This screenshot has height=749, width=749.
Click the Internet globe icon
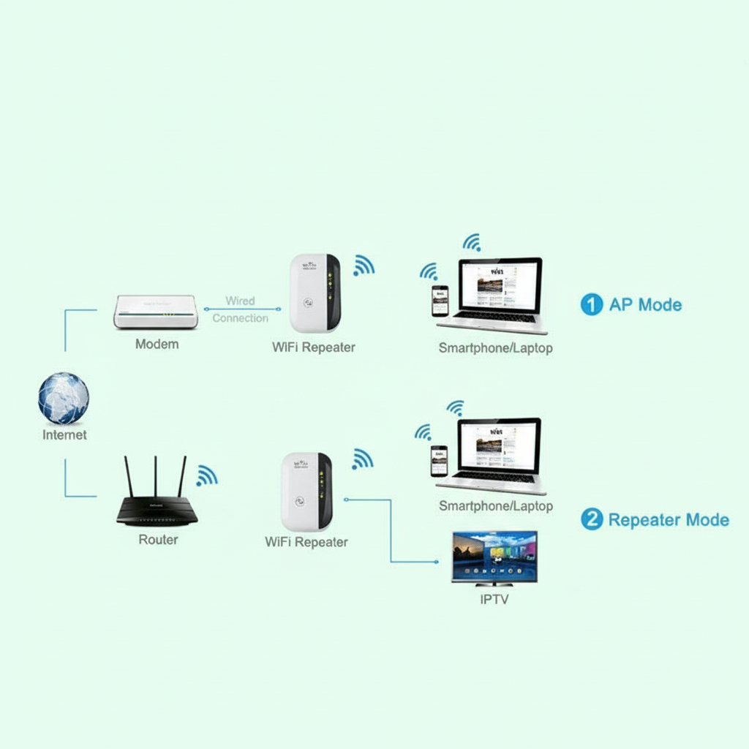coord(64,399)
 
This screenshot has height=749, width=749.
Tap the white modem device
coord(156,312)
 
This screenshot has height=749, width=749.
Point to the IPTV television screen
coord(494,557)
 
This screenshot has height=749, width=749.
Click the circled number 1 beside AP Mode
coord(591,305)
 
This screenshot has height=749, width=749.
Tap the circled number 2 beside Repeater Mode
coord(591,520)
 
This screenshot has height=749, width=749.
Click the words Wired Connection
coord(240,309)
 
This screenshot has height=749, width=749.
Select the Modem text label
coord(157,344)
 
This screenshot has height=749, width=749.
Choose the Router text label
coord(158,540)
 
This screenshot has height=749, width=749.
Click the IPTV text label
coord(494,600)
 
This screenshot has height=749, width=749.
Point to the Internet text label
coord(64,435)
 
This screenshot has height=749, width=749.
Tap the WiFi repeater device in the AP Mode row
coord(315,293)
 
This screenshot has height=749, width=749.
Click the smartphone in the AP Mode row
coord(440,300)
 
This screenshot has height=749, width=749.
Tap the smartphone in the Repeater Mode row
coord(439,461)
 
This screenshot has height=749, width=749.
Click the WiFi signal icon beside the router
coord(206,476)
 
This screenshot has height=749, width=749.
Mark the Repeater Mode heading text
coord(669,520)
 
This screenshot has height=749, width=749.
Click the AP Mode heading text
coord(645,305)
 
